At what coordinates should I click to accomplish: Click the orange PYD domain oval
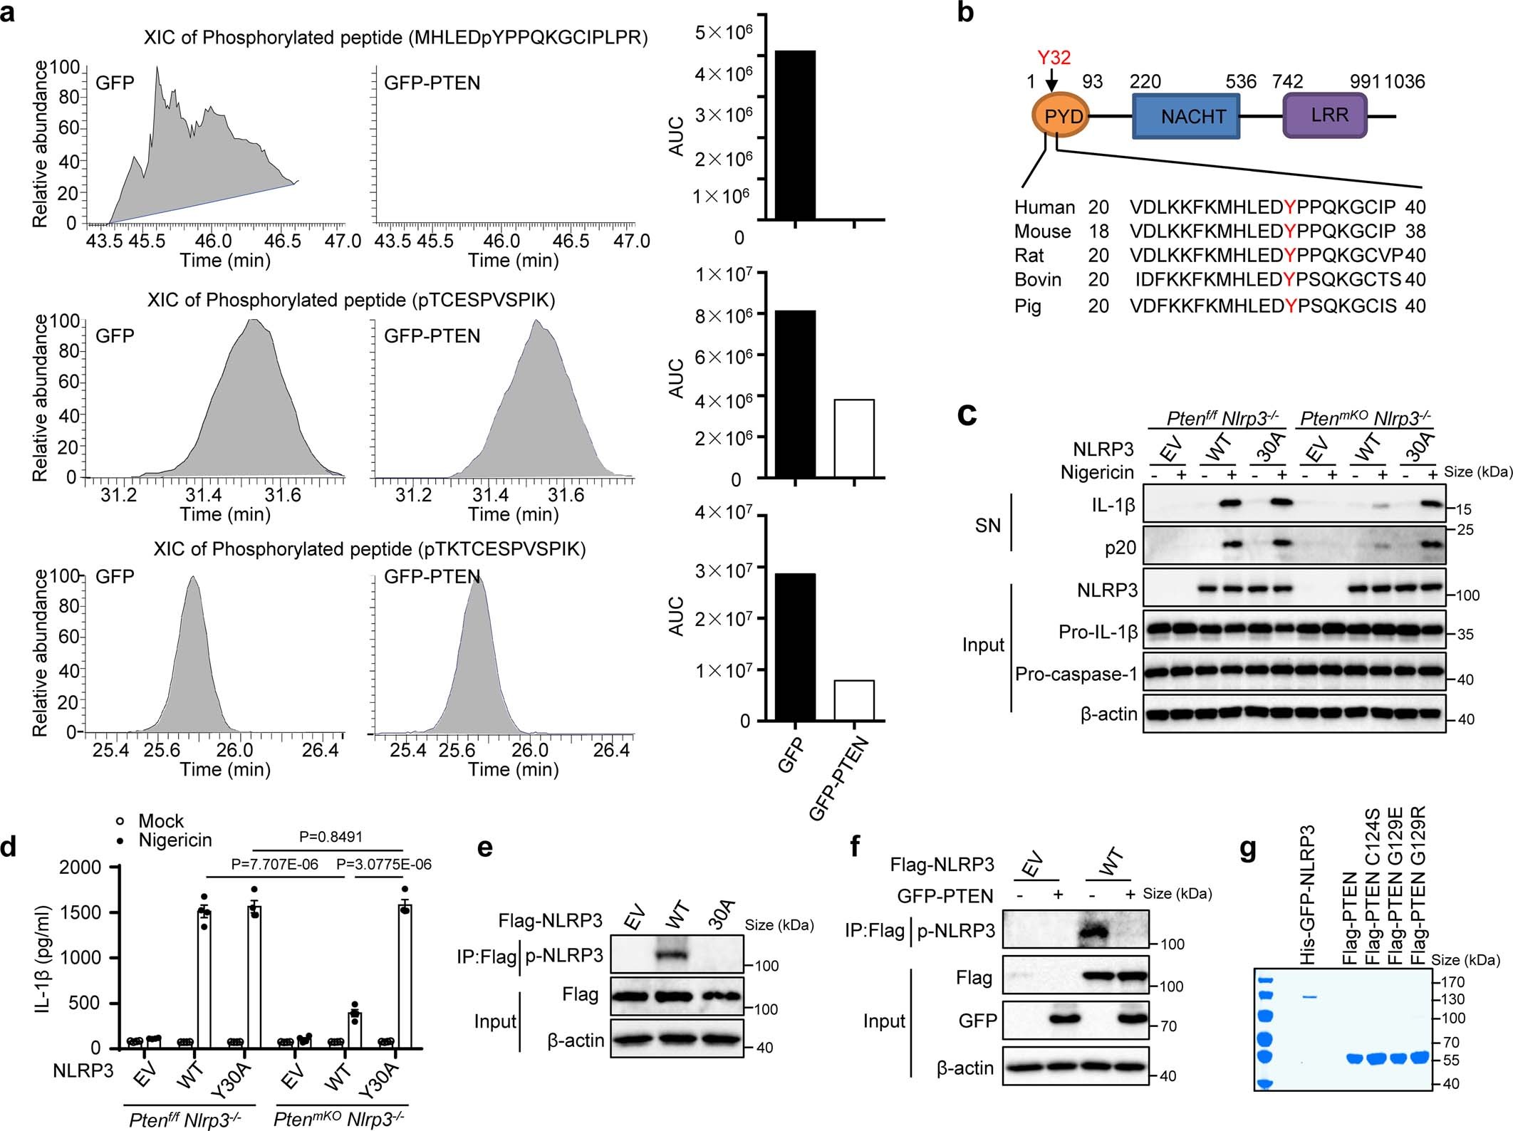coord(1061,116)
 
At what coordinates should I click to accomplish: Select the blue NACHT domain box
coord(1185,116)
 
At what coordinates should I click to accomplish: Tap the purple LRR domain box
coord(1324,115)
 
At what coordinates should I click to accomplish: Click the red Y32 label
coord(1054,58)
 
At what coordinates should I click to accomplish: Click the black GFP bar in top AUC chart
coord(795,135)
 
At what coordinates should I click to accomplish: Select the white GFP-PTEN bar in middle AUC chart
coord(853,438)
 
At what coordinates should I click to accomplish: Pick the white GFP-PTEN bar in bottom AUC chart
coord(853,700)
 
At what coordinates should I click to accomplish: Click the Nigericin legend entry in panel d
coord(175,840)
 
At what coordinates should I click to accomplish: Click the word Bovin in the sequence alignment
coord(1038,280)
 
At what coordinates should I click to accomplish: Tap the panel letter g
coord(1247,850)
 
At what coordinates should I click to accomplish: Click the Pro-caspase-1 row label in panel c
coord(1076,674)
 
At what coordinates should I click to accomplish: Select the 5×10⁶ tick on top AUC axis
coord(722,32)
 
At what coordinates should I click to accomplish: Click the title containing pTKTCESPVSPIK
coord(369,549)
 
